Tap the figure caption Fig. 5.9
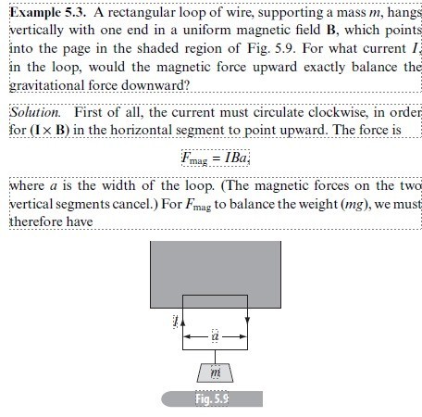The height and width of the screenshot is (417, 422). (x=212, y=399)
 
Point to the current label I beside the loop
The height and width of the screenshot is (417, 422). (x=173, y=322)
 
